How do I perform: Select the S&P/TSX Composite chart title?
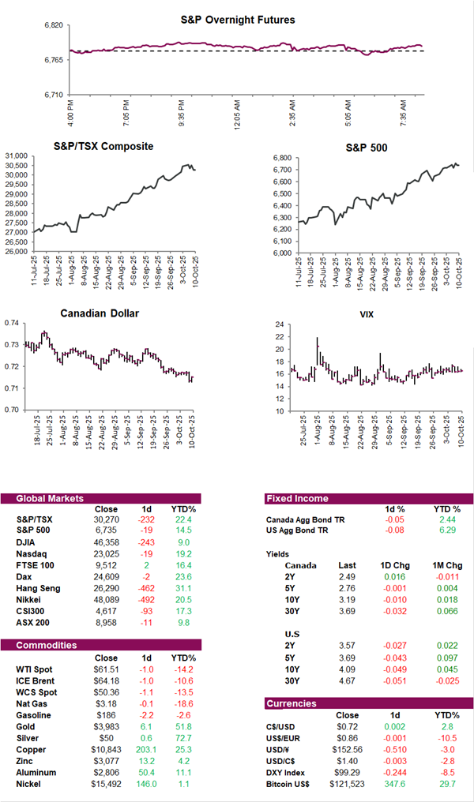(x=103, y=146)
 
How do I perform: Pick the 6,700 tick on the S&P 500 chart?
(x=283, y=170)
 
